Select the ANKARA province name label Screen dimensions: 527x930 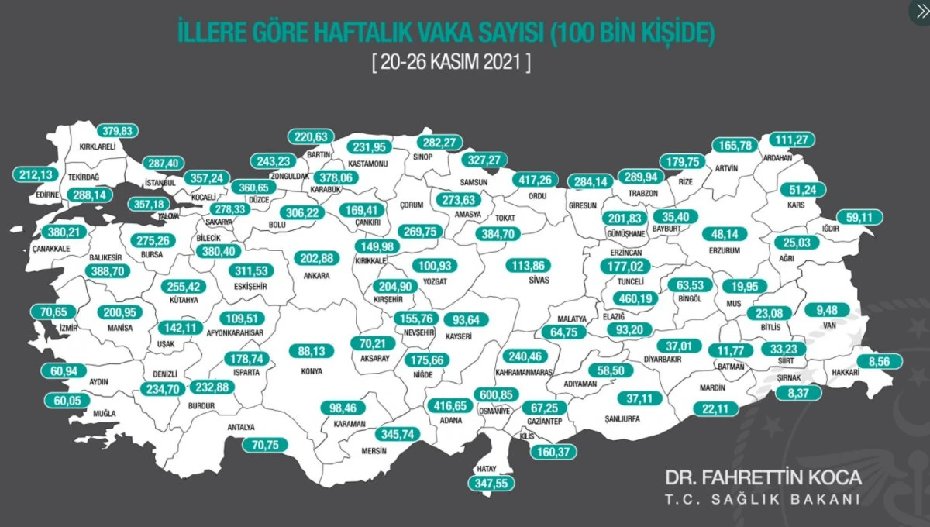coord(317,275)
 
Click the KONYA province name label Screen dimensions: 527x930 coord(311,370)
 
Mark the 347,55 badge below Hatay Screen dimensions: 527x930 coord(491,482)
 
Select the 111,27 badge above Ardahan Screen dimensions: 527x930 coord(790,140)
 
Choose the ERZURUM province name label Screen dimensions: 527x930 coord(725,250)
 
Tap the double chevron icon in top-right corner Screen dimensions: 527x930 coord(919,11)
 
